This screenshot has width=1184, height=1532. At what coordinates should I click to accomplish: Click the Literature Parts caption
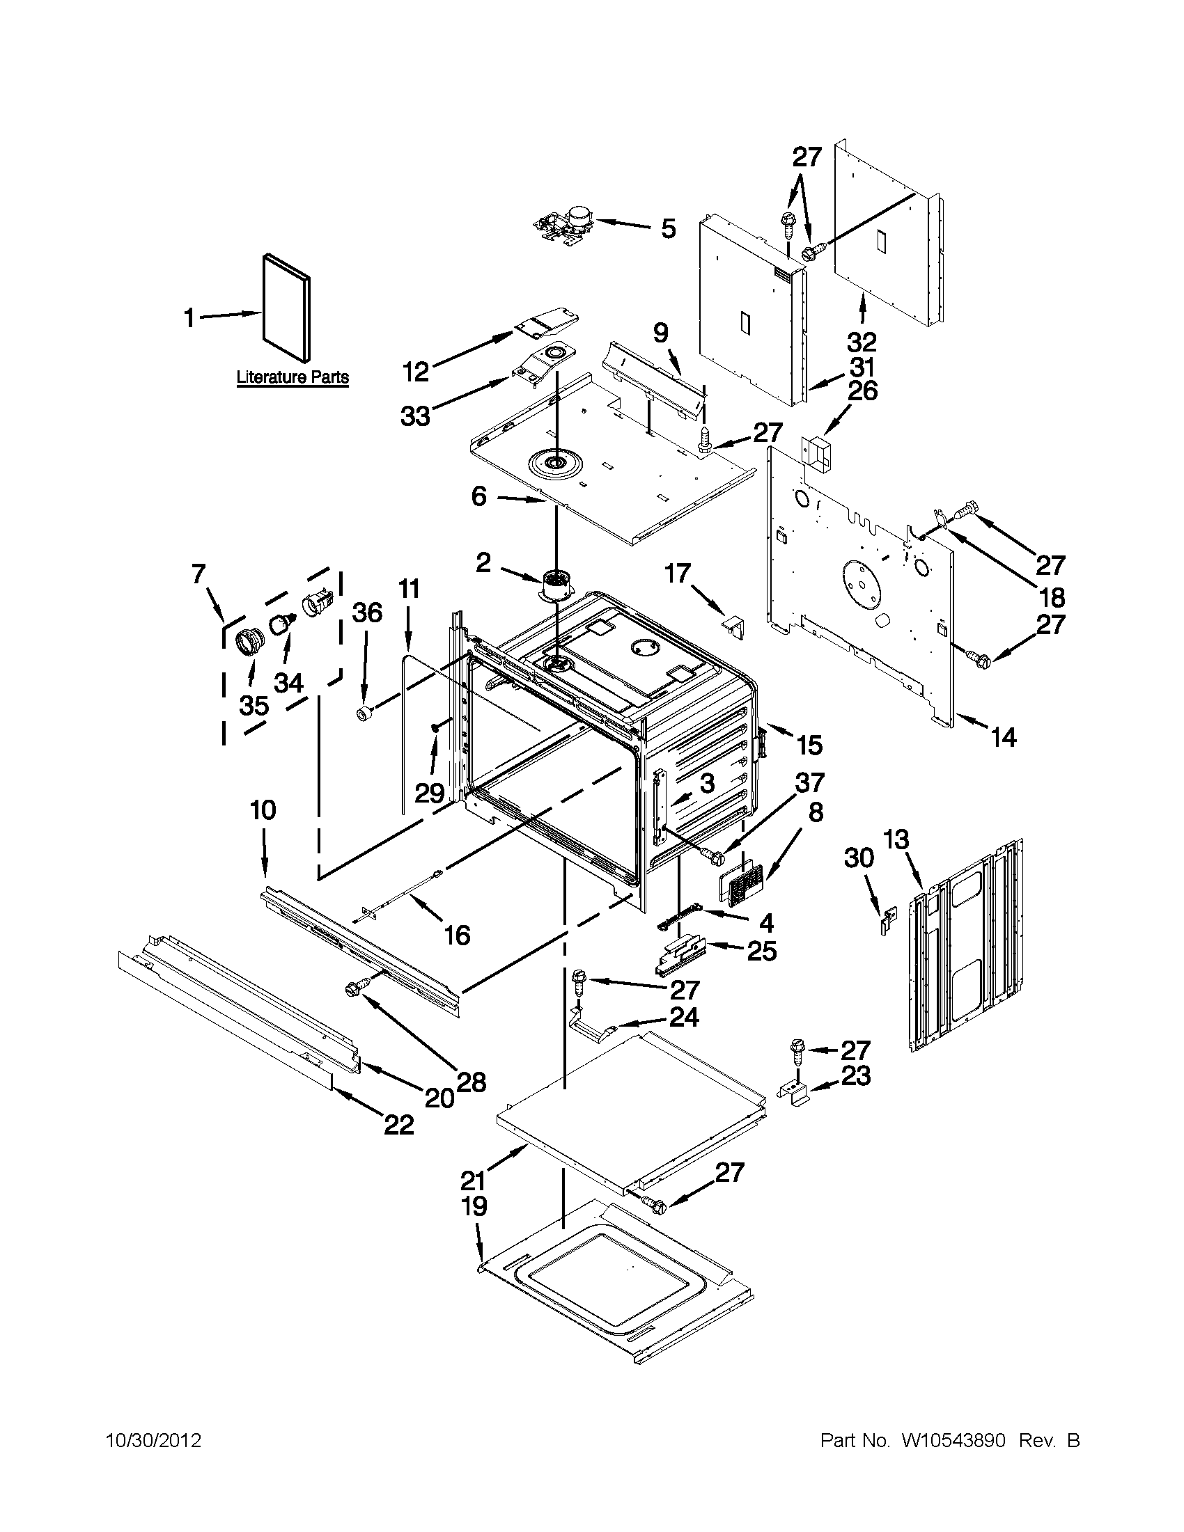point(292,377)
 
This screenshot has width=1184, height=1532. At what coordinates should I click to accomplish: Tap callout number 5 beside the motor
point(667,229)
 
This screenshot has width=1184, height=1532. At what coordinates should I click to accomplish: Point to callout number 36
point(366,613)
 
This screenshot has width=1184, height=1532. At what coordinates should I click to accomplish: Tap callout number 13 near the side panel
point(896,839)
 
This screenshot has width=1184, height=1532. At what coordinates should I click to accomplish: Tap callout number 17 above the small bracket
point(678,574)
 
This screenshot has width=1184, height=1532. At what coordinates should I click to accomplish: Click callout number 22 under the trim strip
point(398,1125)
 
